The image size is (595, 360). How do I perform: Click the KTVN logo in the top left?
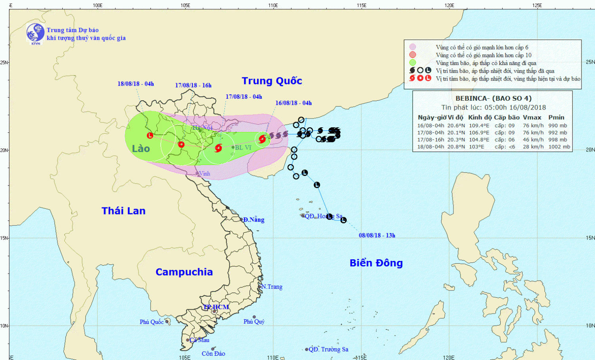coord(35,33)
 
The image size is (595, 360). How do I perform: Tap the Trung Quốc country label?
coord(272,81)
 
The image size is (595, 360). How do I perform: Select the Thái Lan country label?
coord(123,211)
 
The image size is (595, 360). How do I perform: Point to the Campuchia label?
coord(184,272)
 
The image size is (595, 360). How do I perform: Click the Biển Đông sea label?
coord(376,263)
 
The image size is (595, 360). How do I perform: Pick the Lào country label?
coord(141,149)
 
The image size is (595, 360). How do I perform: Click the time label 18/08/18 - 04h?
coord(136,84)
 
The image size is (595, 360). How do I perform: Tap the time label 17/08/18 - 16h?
coord(193,86)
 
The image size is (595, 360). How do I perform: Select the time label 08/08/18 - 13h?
coord(377,236)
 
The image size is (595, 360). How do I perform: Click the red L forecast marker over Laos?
coord(150,136)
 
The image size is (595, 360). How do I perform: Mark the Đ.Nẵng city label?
coord(254,220)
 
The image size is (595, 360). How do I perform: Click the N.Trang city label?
coord(272,287)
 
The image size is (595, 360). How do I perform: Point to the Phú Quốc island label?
coord(152,322)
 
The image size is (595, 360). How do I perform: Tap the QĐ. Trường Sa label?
coord(328,349)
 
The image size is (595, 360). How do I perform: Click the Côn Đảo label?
coord(213,354)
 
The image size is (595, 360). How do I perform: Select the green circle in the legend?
coord(413,63)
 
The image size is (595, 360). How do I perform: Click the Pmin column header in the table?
coord(556,117)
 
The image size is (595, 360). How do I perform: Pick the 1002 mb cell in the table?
coord(559,147)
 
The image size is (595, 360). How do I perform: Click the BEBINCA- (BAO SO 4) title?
coord(493,98)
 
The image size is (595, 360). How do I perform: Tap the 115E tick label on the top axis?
coord(361,5)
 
